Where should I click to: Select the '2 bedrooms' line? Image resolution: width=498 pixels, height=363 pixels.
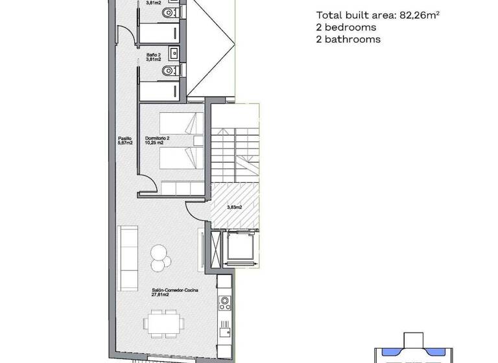(x=346, y=28)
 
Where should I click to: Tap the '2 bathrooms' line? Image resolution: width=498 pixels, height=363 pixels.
(x=348, y=40)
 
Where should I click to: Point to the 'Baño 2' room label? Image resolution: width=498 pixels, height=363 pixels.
(x=153, y=55)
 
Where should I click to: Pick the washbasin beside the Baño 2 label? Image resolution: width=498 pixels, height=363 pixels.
(x=172, y=53)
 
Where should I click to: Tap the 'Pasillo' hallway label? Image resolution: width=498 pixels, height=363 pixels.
(x=125, y=138)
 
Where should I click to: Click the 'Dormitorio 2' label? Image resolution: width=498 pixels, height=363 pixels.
(x=157, y=138)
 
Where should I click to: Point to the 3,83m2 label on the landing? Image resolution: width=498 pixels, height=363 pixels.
(x=234, y=207)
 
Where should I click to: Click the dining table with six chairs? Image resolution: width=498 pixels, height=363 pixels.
(x=163, y=322)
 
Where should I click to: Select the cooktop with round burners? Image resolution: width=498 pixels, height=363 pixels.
(x=224, y=302)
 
